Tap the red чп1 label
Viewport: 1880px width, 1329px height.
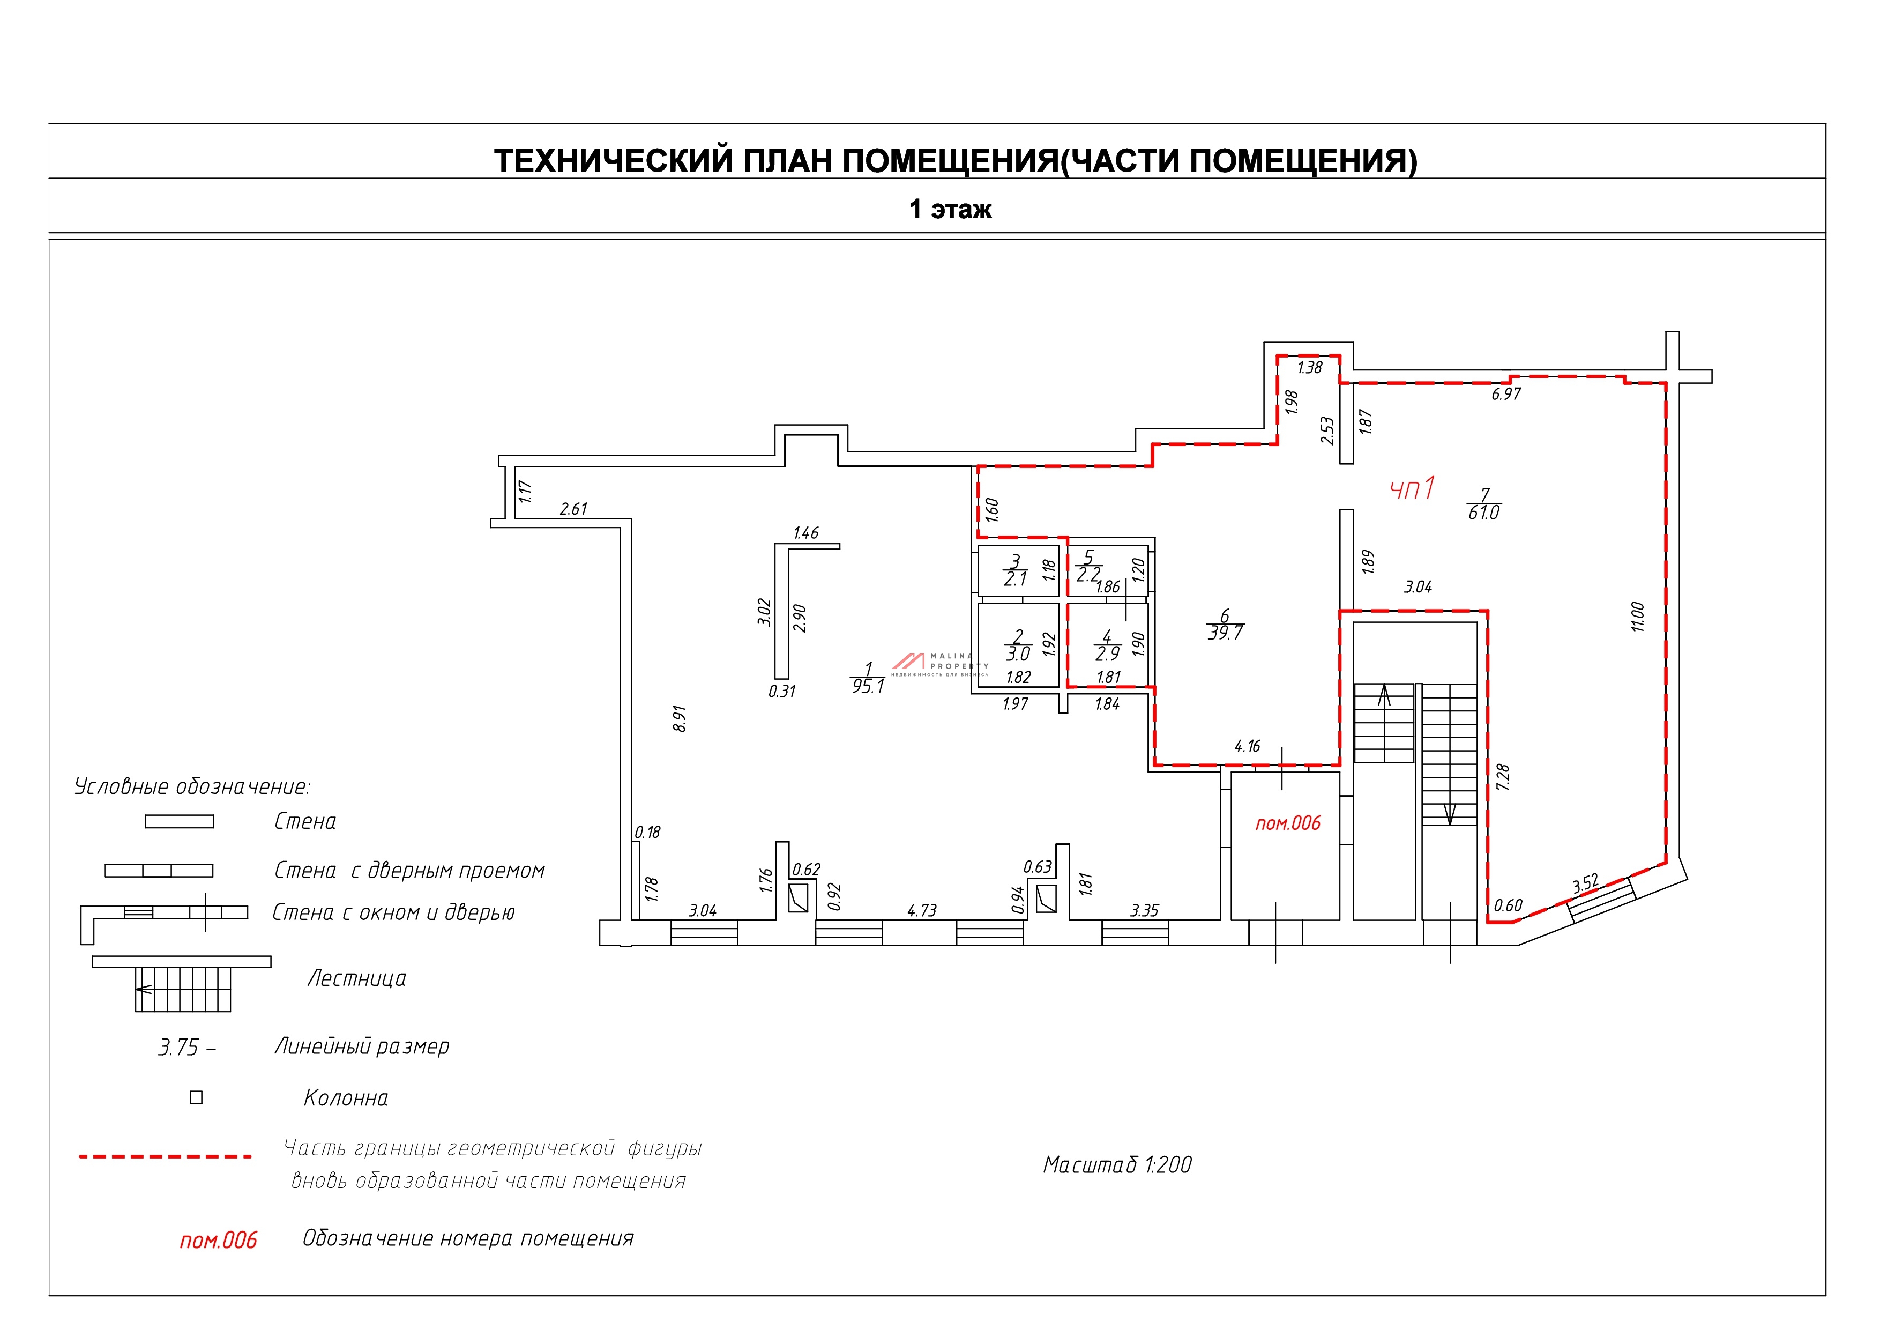(x=1413, y=489)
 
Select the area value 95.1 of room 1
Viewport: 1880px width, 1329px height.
(x=868, y=686)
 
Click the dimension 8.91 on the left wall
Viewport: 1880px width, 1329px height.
(x=679, y=718)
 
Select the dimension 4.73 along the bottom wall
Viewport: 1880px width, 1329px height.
(x=922, y=910)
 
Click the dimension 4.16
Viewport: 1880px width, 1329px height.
(x=1247, y=746)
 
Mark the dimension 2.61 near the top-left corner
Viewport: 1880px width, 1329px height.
(x=573, y=509)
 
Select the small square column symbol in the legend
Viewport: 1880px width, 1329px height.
(x=196, y=1097)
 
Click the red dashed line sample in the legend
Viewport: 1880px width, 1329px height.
(x=165, y=1157)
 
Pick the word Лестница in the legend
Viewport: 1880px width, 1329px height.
(x=356, y=978)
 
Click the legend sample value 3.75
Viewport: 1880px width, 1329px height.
(x=178, y=1048)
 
